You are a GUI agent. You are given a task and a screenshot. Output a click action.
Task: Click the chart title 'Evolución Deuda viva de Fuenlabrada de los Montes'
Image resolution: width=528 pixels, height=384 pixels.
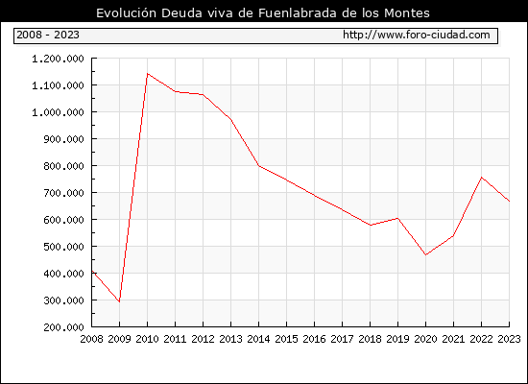click(263, 12)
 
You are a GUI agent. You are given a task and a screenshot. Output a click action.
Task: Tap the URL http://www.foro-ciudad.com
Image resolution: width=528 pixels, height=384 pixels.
click(417, 35)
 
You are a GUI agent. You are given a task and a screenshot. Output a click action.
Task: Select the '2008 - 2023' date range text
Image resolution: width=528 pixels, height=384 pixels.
click(48, 35)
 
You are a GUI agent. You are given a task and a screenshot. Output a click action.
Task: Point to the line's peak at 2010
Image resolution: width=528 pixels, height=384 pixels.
click(148, 73)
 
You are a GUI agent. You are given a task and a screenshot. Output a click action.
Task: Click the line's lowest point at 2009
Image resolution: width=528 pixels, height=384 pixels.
click(120, 301)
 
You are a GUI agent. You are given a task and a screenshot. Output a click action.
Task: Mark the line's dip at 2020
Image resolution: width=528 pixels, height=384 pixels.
click(425, 255)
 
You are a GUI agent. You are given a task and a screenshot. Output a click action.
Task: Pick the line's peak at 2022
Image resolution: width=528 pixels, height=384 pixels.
click(482, 178)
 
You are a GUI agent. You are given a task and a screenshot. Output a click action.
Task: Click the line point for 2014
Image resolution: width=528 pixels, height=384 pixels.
click(258, 166)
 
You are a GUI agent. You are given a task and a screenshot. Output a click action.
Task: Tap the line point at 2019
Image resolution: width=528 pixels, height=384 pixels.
click(398, 218)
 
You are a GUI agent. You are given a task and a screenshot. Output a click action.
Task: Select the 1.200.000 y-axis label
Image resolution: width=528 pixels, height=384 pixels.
click(58, 59)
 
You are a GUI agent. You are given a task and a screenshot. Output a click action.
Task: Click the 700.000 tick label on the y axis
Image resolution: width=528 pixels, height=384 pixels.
click(63, 193)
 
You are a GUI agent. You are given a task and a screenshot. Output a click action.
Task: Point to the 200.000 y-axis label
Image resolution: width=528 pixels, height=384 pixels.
click(63, 327)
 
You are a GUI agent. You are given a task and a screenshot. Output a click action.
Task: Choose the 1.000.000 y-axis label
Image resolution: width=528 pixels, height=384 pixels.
click(58, 112)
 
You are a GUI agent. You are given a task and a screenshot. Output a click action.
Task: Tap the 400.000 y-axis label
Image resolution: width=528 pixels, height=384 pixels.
click(63, 274)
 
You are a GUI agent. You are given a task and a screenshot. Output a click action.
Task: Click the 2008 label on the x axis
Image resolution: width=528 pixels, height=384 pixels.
click(91, 339)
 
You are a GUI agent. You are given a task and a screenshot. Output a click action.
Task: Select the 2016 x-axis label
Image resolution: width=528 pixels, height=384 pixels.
click(314, 339)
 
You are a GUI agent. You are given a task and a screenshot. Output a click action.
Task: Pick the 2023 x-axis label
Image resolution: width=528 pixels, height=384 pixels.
click(509, 339)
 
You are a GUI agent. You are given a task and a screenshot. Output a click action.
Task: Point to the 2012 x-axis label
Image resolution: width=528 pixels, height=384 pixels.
click(204, 339)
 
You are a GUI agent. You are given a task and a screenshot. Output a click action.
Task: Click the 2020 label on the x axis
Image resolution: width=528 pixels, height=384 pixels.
click(425, 339)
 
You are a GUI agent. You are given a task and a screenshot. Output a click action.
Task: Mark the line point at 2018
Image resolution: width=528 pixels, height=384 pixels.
click(370, 225)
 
